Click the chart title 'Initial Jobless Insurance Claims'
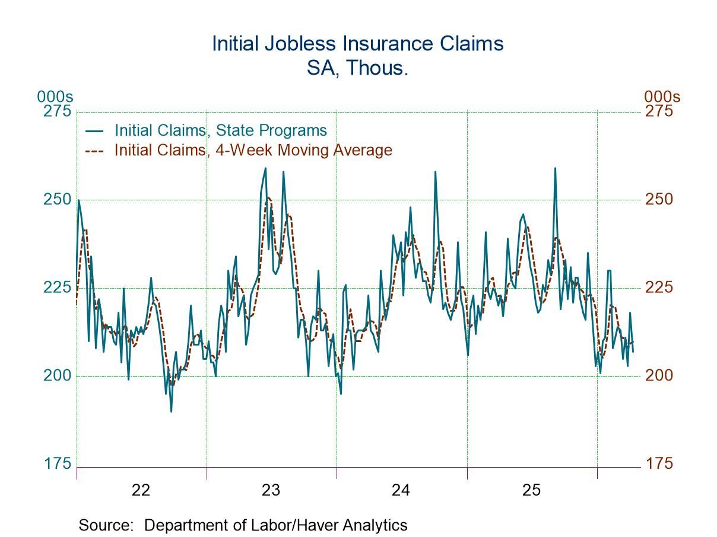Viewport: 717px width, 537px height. [358, 44]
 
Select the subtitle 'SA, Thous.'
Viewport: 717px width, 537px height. [358, 68]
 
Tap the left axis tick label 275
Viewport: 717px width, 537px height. [57, 111]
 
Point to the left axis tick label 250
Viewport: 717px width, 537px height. [57, 199]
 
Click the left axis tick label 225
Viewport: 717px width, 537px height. [57, 287]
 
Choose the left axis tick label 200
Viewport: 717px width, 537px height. [57, 376]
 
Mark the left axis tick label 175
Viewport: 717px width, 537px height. [57, 464]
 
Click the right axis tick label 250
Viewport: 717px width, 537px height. [659, 199]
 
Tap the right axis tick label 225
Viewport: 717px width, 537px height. [659, 287]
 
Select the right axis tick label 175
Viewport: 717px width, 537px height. [659, 464]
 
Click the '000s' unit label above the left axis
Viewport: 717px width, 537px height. [55, 97]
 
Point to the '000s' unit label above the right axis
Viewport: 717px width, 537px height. [662, 97]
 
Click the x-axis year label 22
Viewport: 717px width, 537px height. [141, 490]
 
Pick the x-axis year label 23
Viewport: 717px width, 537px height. [271, 490]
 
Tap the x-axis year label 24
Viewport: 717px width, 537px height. [401, 490]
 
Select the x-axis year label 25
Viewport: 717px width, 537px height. [531, 490]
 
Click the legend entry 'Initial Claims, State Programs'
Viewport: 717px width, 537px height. [220, 130]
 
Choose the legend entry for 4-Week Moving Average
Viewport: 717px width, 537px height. [253, 150]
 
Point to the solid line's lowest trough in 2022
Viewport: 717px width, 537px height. [171, 411]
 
